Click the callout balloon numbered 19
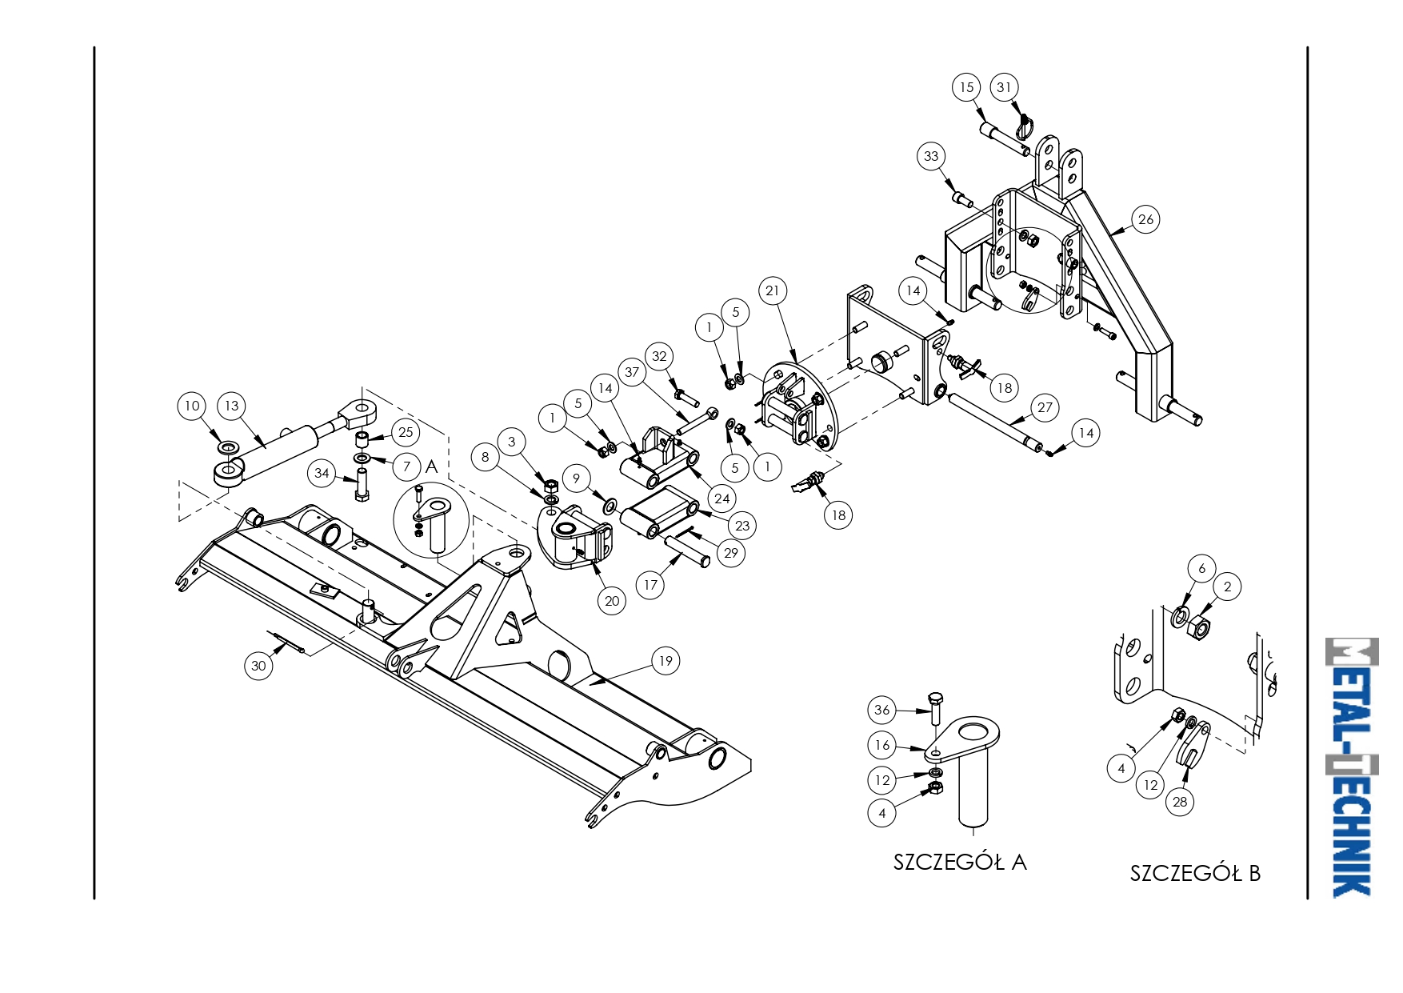tap(666, 661)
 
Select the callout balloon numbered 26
tap(1145, 219)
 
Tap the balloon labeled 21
tap(772, 290)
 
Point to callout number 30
tap(258, 666)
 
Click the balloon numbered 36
tap(881, 710)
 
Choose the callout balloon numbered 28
tap(1180, 802)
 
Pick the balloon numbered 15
tap(966, 87)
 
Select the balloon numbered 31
tap(1004, 87)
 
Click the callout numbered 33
tap(931, 156)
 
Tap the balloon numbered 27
tap(1045, 407)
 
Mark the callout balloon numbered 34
tap(322, 473)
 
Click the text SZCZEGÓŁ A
tap(960, 862)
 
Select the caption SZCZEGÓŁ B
tap(1195, 873)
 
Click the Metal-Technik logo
tap(1352, 767)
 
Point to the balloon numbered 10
tap(192, 406)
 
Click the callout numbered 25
tap(406, 433)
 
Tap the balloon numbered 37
tap(632, 372)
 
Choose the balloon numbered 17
tap(650, 585)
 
